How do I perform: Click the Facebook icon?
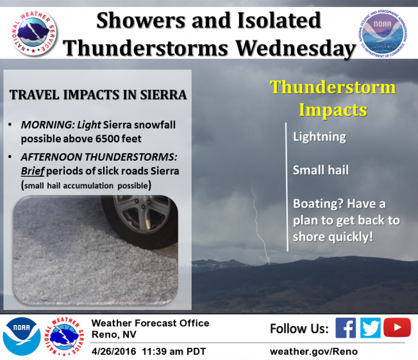pyautogui.click(x=346, y=328)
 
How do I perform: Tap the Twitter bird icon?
pyautogui.click(x=371, y=328)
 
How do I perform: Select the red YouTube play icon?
pyautogui.click(x=397, y=327)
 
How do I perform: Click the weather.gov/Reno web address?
pyautogui.click(x=313, y=352)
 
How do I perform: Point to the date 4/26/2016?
pyautogui.click(x=113, y=352)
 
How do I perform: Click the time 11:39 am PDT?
pyautogui.click(x=174, y=352)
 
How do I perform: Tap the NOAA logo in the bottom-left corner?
pyautogui.click(x=22, y=336)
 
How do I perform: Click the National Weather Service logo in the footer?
pyautogui.click(x=64, y=336)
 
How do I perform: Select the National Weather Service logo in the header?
pyautogui.click(x=34, y=33)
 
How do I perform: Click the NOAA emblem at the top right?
pyautogui.click(x=383, y=34)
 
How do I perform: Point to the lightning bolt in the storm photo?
pyautogui.click(x=260, y=224)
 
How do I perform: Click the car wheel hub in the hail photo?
pyautogui.click(x=142, y=215)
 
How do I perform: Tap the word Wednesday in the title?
pyautogui.click(x=296, y=48)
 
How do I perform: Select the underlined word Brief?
pyautogui.click(x=33, y=171)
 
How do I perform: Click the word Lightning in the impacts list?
pyautogui.click(x=319, y=137)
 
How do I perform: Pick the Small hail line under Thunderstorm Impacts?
pyautogui.click(x=321, y=170)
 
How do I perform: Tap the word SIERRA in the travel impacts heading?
pyautogui.click(x=163, y=95)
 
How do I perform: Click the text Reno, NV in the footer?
pyautogui.click(x=114, y=334)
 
